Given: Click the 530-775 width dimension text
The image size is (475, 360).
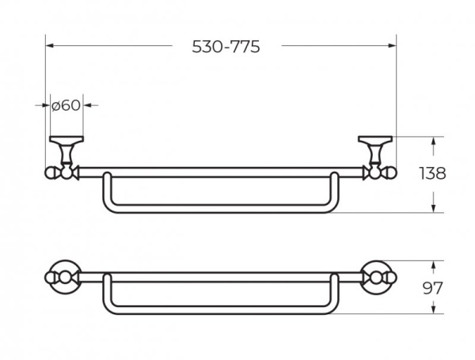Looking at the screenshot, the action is [226, 47].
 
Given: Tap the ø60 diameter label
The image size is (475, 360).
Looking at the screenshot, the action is [66, 105].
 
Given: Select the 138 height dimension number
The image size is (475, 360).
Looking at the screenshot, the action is [433, 173].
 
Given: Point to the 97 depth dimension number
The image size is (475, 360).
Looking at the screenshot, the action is [433, 288].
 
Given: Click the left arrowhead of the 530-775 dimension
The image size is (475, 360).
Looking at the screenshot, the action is [50, 46].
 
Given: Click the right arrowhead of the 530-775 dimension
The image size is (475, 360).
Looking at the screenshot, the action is [393, 46].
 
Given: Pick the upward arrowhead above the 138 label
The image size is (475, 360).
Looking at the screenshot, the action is [434, 141].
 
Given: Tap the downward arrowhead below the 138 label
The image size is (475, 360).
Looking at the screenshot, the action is [434, 208].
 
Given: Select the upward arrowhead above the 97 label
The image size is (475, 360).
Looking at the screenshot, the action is [434, 265].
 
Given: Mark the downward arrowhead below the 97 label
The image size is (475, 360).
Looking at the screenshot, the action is [434, 309].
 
